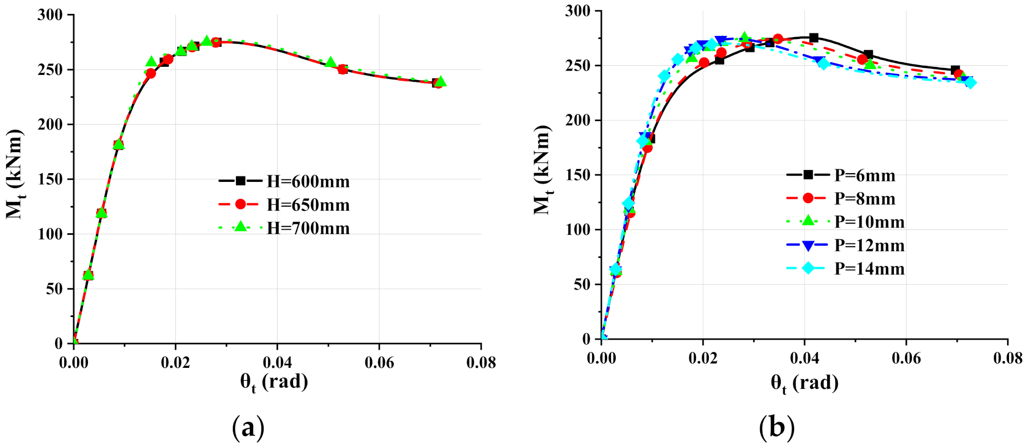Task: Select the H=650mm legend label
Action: tap(307, 205)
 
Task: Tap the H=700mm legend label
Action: tap(307, 228)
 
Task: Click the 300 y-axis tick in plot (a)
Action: tap(50, 15)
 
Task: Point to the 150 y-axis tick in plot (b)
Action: tap(578, 175)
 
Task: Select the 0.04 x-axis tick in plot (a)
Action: tap(277, 363)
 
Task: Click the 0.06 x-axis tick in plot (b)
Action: tap(906, 358)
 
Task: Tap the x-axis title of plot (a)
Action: tap(274, 382)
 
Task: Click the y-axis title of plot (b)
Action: tap(542, 170)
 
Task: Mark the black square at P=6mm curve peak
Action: tap(814, 38)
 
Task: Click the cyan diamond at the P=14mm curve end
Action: tap(970, 82)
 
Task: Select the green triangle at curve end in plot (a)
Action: tap(440, 82)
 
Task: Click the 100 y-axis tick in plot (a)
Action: tap(50, 234)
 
